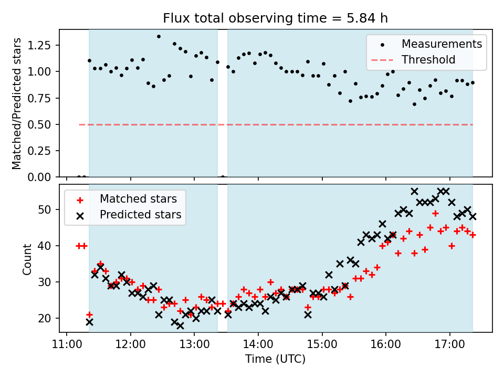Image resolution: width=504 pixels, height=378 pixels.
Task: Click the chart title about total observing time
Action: [276, 19]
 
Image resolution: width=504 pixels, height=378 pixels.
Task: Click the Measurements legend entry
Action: [442, 44]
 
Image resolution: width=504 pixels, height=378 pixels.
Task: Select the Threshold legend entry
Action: [428, 60]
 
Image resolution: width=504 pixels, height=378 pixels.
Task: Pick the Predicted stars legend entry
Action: [140, 215]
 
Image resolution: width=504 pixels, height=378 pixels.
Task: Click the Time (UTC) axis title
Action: [275, 360]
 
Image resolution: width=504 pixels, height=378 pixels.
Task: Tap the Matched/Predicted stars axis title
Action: [17, 103]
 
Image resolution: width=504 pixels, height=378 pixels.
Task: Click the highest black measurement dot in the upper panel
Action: [159, 37]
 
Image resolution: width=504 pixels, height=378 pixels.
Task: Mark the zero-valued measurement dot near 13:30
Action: [223, 177]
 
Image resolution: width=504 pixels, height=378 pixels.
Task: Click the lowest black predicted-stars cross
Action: [180, 325]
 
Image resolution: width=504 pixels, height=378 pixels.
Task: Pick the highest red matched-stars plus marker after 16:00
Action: [435, 213]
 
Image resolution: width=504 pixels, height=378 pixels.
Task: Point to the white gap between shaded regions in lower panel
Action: [223, 262]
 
